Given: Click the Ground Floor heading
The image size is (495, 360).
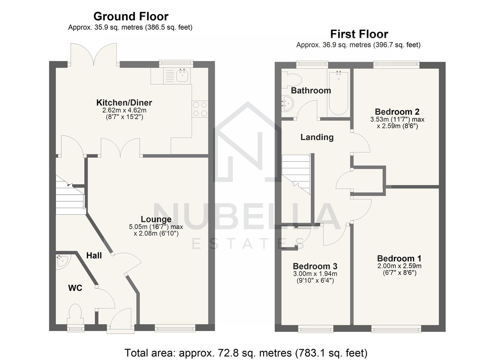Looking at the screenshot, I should pyautogui.click(x=131, y=16).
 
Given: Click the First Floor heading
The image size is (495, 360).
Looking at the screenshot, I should pyautogui.click(x=359, y=34).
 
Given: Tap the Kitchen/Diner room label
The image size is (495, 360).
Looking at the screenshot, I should pyautogui.click(x=124, y=102).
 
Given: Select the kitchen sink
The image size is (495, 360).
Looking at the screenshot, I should pyautogui.click(x=182, y=76).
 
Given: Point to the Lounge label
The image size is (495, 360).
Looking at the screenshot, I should pyautogui.click(x=156, y=219).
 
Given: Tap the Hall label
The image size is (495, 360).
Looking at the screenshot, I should pyautogui.click(x=94, y=256).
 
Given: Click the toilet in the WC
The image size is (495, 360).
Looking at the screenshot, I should pyautogui.click(x=75, y=313).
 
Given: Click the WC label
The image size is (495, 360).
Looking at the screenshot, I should pyautogui.click(x=75, y=288).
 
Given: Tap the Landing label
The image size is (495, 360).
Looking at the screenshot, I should pyautogui.click(x=317, y=137).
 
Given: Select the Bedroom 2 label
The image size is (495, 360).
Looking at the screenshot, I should pyautogui.click(x=397, y=112).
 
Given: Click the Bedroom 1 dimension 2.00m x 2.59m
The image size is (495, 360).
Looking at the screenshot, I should pyautogui.click(x=399, y=266).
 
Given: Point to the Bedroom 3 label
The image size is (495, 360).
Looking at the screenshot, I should pyautogui.click(x=315, y=266).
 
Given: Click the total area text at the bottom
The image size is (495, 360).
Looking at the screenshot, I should pyautogui.click(x=246, y=353).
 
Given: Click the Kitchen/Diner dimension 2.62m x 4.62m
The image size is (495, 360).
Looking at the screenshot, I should pyautogui.click(x=124, y=110).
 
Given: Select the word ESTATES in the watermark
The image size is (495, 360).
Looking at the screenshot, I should pyautogui.click(x=248, y=244).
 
